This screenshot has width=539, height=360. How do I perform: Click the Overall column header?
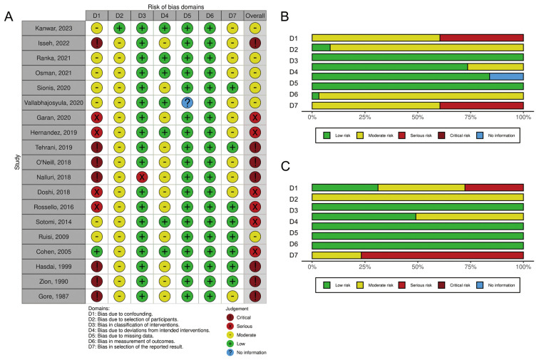click(255, 15)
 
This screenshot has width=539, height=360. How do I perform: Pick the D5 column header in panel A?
click(188, 15)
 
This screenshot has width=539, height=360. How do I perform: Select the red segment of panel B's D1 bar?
click(481, 38)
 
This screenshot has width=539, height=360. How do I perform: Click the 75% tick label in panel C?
click(471, 267)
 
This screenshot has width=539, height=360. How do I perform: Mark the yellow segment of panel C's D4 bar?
click(470, 217)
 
